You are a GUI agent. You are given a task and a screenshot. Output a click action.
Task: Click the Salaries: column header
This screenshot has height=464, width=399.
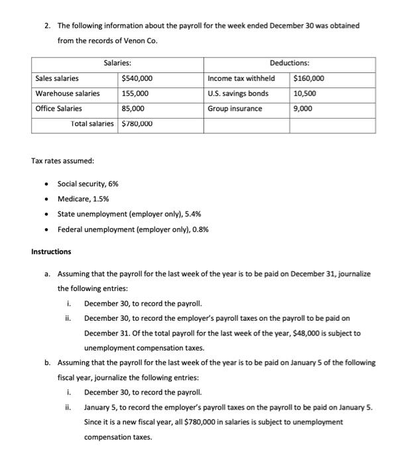[x=117, y=63]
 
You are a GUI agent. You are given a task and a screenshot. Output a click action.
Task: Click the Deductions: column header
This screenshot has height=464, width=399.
[x=289, y=63]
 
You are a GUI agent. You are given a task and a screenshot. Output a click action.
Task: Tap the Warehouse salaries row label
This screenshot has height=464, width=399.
[x=68, y=93]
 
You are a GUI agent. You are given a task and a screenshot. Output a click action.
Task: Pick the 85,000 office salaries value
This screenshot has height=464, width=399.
[x=133, y=109]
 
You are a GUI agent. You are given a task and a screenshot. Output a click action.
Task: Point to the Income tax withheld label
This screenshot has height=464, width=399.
[x=241, y=78]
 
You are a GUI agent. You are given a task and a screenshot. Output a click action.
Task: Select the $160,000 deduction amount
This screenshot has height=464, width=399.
[x=308, y=78]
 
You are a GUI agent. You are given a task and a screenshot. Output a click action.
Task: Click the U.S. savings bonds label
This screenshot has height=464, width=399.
[x=238, y=93]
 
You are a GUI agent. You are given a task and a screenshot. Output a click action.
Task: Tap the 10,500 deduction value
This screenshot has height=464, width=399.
[x=305, y=93]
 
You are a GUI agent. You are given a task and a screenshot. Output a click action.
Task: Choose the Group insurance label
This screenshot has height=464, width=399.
[x=235, y=109]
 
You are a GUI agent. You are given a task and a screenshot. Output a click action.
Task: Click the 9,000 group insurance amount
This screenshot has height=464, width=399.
[x=302, y=109]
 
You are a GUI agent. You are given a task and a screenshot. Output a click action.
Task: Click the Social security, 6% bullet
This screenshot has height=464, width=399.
[x=88, y=184]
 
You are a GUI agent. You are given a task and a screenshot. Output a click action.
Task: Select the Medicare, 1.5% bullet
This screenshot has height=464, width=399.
[x=84, y=199]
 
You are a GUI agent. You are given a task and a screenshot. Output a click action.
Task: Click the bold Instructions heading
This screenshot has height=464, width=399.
[x=51, y=252]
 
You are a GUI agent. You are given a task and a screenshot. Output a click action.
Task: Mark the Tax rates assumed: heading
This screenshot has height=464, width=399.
[x=63, y=161]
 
